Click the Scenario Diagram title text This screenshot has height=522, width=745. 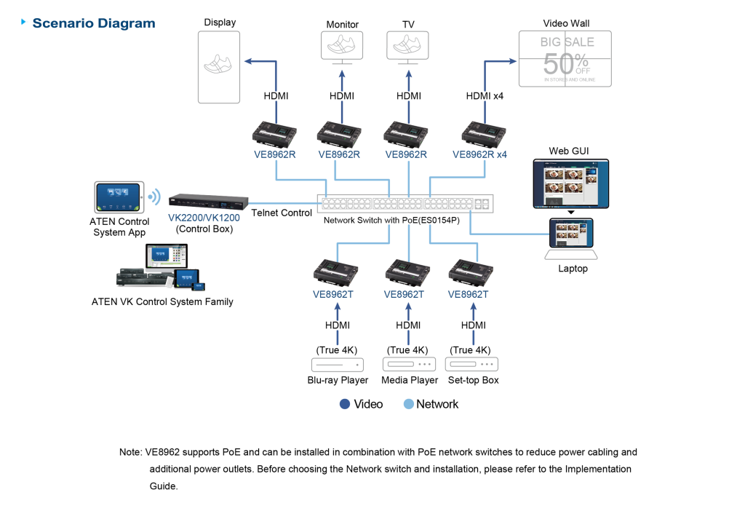coord(93,23)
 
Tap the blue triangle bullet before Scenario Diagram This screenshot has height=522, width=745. coord(25,23)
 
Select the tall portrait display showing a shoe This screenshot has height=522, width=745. coord(219,66)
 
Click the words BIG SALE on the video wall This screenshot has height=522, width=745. coord(567,42)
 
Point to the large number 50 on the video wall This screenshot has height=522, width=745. coord(559,63)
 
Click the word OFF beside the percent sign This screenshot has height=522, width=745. coord(583,71)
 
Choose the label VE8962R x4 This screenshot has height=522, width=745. coord(479,154)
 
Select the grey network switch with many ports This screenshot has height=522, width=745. coord(405,204)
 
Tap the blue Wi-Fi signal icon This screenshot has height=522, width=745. coord(154,197)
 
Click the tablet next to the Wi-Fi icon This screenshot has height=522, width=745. coord(119,197)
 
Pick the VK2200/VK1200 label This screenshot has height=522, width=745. coord(204,217)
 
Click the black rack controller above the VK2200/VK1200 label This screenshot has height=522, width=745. coord(209,200)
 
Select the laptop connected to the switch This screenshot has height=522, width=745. coord(571,240)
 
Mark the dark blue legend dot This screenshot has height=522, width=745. coord(345,404)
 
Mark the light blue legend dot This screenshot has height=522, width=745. coord(409,404)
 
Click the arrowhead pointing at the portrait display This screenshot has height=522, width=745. coord(248,62)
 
